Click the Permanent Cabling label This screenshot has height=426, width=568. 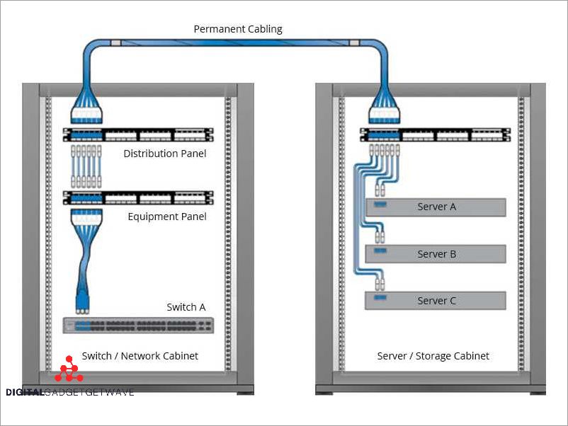(x=238, y=29)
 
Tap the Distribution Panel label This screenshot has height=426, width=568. (x=165, y=153)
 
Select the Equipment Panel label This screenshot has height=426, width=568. (x=167, y=216)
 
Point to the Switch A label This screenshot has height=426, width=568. (x=186, y=307)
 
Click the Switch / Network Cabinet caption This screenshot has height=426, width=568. (x=140, y=356)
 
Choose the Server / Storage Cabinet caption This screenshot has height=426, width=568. (x=433, y=356)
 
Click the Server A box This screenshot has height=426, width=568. (x=436, y=207)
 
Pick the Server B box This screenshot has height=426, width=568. (x=436, y=254)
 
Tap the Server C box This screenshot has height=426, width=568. (x=436, y=301)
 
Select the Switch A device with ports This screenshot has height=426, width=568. (x=139, y=326)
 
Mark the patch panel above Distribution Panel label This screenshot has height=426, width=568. (x=138, y=135)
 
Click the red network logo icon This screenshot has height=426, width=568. (x=69, y=369)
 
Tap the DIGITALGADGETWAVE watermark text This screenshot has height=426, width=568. (x=69, y=392)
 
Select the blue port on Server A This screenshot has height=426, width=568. (x=380, y=205)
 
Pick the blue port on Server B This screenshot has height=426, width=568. (x=380, y=252)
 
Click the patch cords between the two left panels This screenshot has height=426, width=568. (x=86, y=167)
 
